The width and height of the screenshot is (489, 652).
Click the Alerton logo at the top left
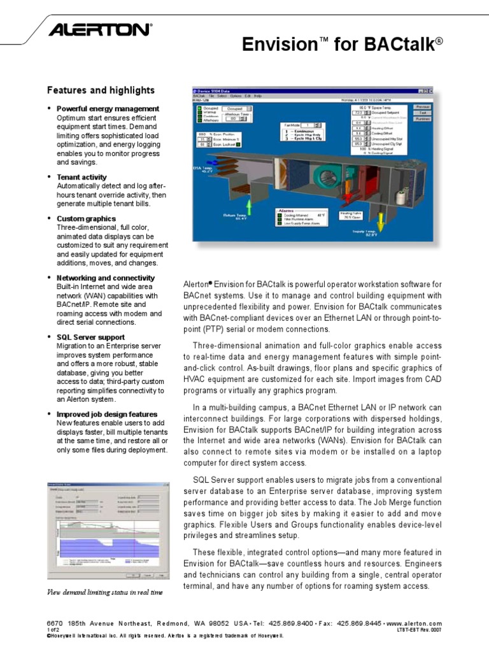point(101,29)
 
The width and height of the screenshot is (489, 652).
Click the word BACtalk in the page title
point(401,44)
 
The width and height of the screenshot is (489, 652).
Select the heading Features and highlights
point(101,90)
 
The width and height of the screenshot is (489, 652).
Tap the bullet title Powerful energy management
point(108,109)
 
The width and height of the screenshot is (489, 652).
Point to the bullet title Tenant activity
point(81,177)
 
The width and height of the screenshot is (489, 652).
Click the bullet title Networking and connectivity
point(105,278)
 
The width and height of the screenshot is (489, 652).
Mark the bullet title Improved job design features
point(106,414)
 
